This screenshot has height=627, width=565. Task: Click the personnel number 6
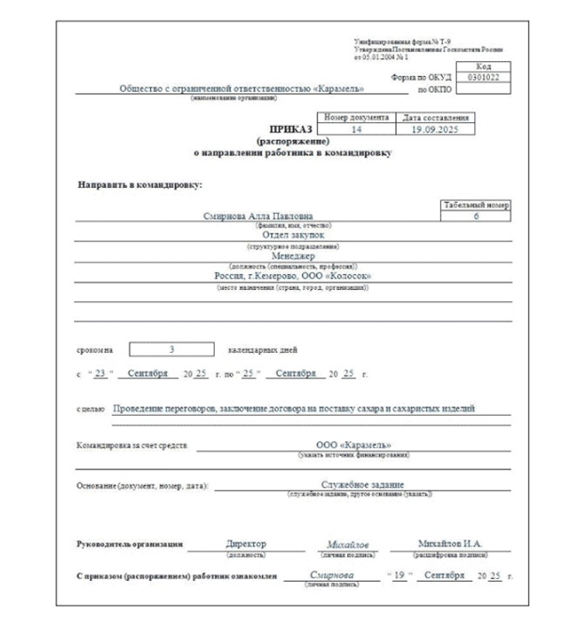[x=475, y=215]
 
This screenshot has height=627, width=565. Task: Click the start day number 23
[x=101, y=374]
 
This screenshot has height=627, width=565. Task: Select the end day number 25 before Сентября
[x=249, y=374]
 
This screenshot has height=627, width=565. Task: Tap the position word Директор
[x=248, y=544]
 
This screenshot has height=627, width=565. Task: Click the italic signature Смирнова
[x=330, y=574]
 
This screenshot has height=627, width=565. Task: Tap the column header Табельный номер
[x=475, y=203]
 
